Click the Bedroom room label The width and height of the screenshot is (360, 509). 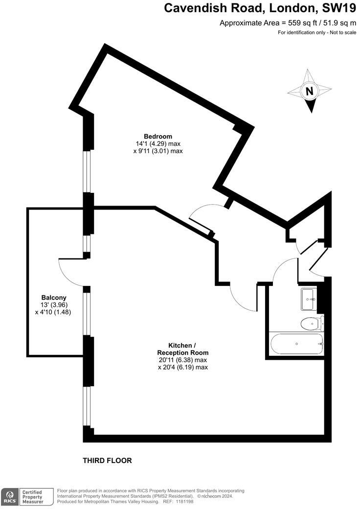[157, 136]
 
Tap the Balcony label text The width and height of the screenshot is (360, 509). [54, 298]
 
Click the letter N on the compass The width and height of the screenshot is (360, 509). [309, 91]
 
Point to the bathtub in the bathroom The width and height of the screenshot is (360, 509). [296, 344]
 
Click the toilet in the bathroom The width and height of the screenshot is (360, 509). [310, 323]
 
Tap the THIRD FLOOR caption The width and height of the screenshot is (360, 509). [107, 461]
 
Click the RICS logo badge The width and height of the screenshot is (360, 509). [9, 496]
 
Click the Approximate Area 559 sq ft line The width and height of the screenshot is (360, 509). [288, 23]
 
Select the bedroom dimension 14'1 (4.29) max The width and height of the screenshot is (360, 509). [158, 144]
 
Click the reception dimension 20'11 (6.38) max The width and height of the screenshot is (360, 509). [182, 360]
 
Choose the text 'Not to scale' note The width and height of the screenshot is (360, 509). [339, 32]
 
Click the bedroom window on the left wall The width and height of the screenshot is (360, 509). [88, 171]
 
